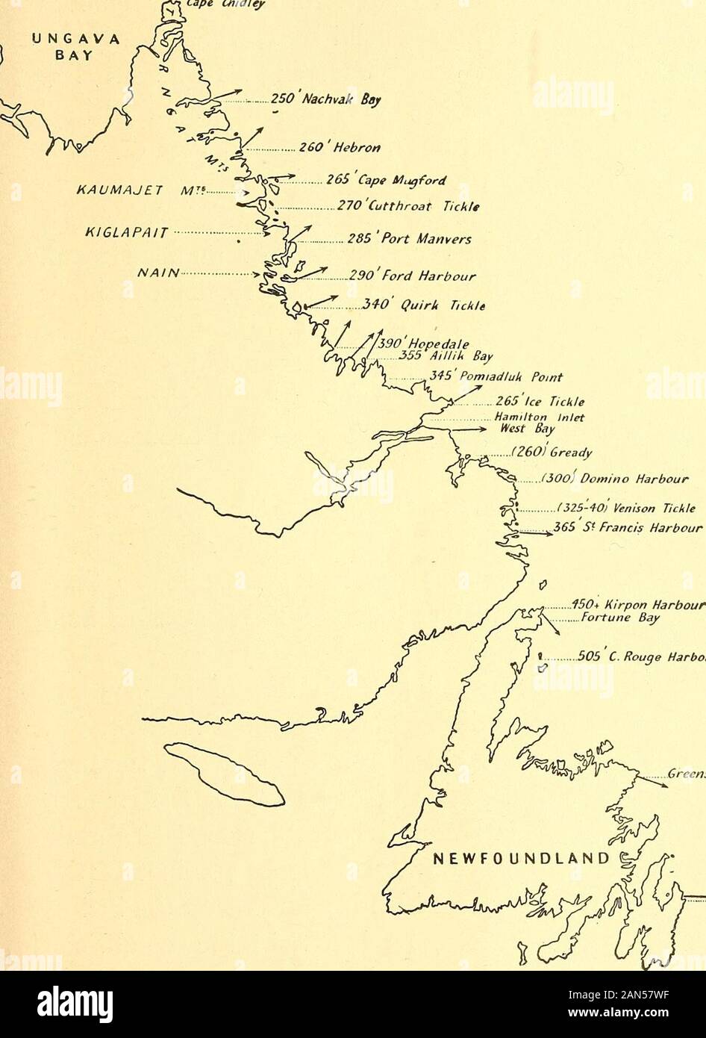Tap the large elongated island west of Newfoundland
pyautogui.click(x=225, y=774)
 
